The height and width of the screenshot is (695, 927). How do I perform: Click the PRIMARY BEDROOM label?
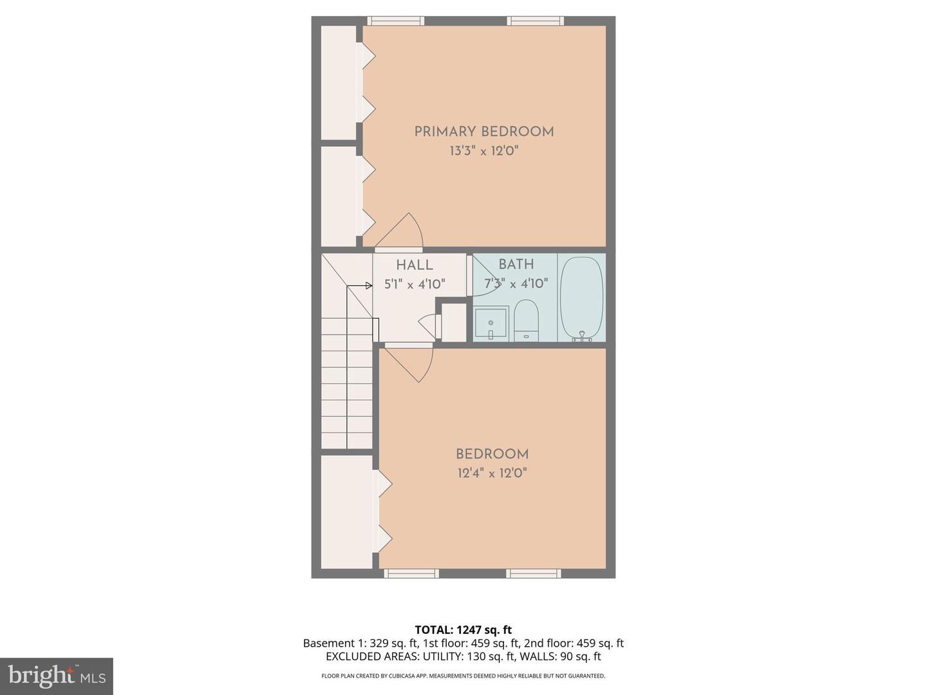(483, 132)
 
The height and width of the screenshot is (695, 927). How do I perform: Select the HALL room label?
(414, 265)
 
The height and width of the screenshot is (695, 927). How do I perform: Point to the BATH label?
(516, 264)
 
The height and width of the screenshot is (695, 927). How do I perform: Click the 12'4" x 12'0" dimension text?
(492, 474)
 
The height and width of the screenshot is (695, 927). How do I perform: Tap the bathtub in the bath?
(581, 297)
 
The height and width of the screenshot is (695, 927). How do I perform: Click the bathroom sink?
(491, 323)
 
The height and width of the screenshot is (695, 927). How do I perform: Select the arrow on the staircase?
(368, 286)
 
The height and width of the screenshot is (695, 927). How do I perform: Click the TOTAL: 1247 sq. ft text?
(463, 630)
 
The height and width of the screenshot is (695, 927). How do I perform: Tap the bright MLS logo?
(57, 676)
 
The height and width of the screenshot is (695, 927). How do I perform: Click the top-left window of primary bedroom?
(395, 21)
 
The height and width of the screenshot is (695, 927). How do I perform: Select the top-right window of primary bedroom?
(536, 21)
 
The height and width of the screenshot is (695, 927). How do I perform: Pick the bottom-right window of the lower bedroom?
(533, 573)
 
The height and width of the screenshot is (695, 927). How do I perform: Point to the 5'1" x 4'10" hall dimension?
(415, 284)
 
